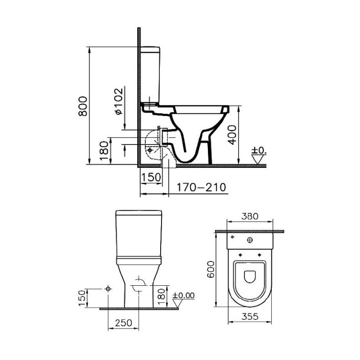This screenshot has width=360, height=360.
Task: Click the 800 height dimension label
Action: click(x=83, y=106)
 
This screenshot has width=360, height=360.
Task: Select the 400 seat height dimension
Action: click(x=232, y=135)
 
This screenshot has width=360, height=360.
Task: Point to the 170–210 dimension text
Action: click(x=201, y=187)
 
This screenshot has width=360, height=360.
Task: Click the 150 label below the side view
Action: click(x=151, y=177)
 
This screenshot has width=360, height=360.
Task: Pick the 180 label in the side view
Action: click(x=104, y=151)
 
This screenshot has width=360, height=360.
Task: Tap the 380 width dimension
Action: click(x=250, y=216)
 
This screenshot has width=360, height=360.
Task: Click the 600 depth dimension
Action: click(x=211, y=269)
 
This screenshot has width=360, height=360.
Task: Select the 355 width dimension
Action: click(x=250, y=316)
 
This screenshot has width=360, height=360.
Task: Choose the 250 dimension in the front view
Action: click(x=123, y=323)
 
